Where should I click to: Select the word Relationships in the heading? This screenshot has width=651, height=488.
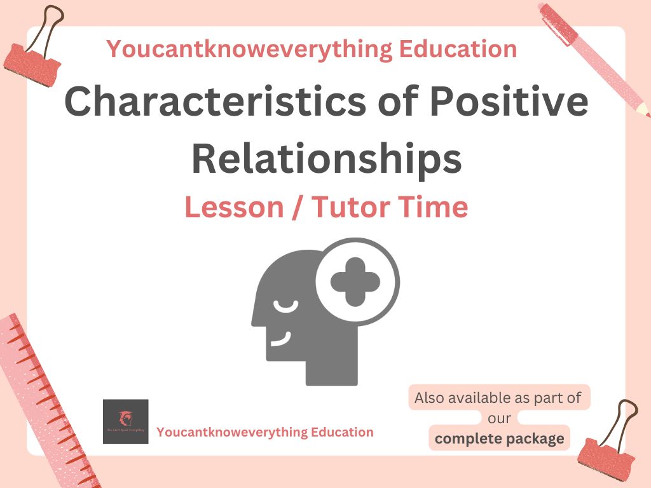click(326, 159)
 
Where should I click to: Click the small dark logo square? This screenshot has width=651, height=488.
click(125, 421)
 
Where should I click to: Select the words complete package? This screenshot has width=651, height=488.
click(499, 438)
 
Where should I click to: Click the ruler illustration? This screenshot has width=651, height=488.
click(48, 394)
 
